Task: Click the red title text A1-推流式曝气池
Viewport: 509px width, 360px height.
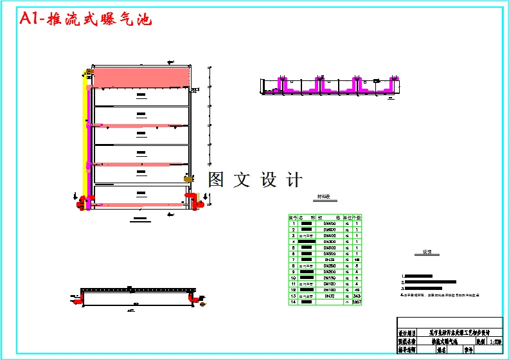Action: (86, 19)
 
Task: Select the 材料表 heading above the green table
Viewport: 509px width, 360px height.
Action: (317, 198)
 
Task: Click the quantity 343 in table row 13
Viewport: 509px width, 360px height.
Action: (357, 295)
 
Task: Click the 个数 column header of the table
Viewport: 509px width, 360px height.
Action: (357, 217)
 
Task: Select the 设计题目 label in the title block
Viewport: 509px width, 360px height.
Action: (408, 334)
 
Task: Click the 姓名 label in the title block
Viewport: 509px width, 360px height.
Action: (442, 352)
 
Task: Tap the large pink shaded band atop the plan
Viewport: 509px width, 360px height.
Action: (141, 77)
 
